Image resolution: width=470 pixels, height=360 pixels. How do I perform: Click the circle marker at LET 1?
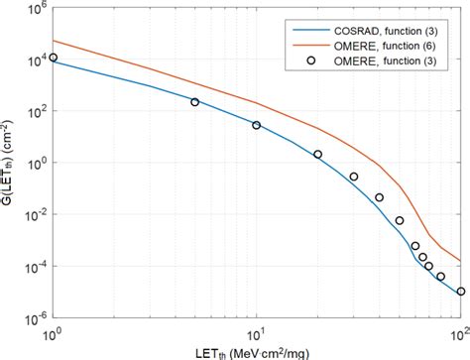[x=53, y=58]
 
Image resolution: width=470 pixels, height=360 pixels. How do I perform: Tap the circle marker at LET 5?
[x=194, y=102]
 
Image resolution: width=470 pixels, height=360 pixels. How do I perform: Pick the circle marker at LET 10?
[x=256, y=125]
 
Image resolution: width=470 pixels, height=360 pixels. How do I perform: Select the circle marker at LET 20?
[x=317, y=154]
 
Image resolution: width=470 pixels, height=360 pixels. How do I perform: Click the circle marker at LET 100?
[x=460, y=292]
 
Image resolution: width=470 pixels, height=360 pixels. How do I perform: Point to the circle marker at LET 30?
[x=354, y=177]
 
